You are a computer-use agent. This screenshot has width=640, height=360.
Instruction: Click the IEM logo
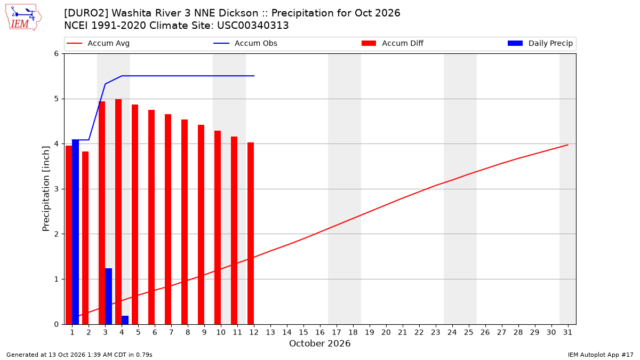(x=23, y=18)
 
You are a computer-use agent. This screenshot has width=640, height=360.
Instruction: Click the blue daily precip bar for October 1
(x=75, y=231)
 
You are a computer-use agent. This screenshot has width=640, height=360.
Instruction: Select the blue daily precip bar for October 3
(x=109, y=297)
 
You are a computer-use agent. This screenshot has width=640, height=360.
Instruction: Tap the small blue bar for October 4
(x=125, y=320)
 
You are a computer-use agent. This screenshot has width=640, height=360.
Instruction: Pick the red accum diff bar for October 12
(x=251, y=233)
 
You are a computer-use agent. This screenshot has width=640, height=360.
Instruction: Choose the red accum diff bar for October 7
(x=168, y=219)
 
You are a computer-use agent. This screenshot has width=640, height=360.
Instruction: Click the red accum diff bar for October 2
(x=85, y=238)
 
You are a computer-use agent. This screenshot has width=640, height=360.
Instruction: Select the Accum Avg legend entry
(x=98, y=43)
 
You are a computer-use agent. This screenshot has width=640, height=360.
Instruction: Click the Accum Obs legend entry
(x=245, y=43)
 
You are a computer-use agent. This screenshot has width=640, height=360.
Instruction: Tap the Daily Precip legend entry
(x=540, y=43)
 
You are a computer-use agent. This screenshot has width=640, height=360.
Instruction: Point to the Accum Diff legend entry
(x=393, y=43)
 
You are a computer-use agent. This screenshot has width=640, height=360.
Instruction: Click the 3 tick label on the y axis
(x=57, y=189)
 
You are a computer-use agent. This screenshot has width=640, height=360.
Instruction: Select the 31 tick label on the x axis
(x=567, y=332)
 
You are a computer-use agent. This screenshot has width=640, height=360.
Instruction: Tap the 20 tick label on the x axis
(x=386, y=332)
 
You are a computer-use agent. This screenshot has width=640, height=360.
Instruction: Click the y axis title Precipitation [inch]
(x=46, y=189)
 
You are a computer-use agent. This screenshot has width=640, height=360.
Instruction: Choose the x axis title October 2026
(x=319, y=343)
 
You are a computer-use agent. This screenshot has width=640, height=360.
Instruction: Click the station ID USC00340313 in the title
(x=253, y=26)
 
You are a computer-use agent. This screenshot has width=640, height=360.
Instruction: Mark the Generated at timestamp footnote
(x=79, y=355)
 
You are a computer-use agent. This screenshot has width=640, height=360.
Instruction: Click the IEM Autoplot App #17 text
(x=601, y=355)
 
